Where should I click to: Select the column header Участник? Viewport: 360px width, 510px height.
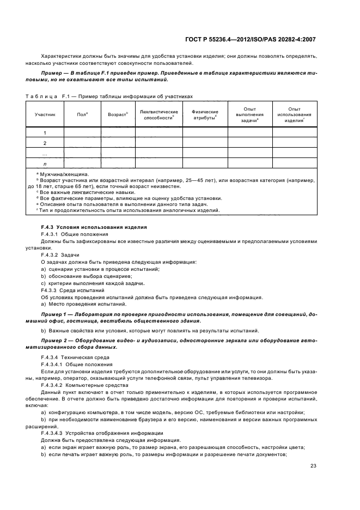[x=45, y=115]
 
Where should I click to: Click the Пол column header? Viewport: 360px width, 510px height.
[x=83, y=115]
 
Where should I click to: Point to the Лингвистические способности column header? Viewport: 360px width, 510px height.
[x=158, y=115]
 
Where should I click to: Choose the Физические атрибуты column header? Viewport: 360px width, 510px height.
[x=205, y=115]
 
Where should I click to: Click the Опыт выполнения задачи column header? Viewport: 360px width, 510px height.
[x=249, y=115]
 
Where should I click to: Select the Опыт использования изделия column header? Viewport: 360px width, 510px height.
[x=294, y=115]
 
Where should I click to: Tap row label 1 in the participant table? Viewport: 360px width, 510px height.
[x=45, y=132]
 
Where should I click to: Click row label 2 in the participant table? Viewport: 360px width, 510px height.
[x=45, y=143]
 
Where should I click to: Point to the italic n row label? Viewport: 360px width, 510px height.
[x=45, y=163]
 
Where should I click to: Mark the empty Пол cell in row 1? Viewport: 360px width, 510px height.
[x=83, y=132]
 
